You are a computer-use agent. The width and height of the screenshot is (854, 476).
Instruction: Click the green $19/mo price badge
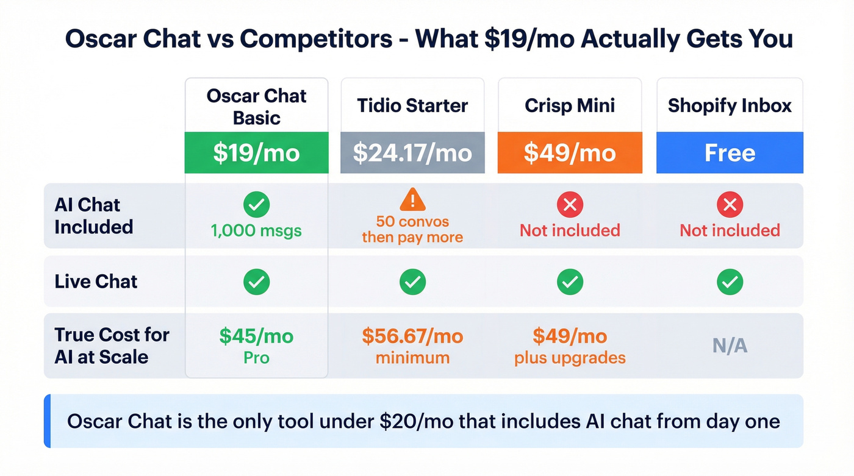pyautogui.click(x=256, y=152)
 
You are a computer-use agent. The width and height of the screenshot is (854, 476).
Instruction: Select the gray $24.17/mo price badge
pyautogui.click(x=412, y=152)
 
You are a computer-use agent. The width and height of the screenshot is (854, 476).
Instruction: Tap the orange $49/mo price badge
pyautogui.click(x=570, y=152)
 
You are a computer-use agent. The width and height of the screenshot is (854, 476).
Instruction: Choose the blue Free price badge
pyautogui.click(x=730, y=152)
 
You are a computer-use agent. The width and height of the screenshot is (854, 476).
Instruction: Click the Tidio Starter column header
pyautogui.click(x=412, y=105)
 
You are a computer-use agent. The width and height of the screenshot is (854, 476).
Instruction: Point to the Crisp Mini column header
pyautogui.click(x=570, y=105)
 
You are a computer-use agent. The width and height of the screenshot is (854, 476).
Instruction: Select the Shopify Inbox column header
pyautogui.click(x=730, y=105)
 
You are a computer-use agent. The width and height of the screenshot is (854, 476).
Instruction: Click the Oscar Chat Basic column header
pyautogui.click(x=256, y=106)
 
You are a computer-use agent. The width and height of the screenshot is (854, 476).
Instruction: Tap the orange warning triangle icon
pyautogui.click(x=413, y=199)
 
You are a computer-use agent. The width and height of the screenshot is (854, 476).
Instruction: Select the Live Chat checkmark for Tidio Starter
pyautogui.click(x=413, y=282)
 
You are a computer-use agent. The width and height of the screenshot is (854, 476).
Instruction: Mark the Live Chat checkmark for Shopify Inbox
pyautogui.click(x=730, y=282)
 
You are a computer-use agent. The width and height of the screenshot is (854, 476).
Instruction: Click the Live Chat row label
pyautogui.click(x=96, y=282)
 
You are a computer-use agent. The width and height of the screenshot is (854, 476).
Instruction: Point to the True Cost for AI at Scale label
pyautogui.click(x=112, y=345)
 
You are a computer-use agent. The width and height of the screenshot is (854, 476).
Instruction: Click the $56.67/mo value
pyautogui.click(x=412, y=336)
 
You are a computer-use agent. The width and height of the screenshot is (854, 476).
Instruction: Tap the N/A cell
pyautogui.click(x=730, y=346)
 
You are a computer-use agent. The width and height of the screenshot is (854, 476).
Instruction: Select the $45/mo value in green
pyautogui.click(x=256, y=336)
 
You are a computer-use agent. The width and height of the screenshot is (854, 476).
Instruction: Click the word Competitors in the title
pyautogui.click(x=316, y=39)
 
